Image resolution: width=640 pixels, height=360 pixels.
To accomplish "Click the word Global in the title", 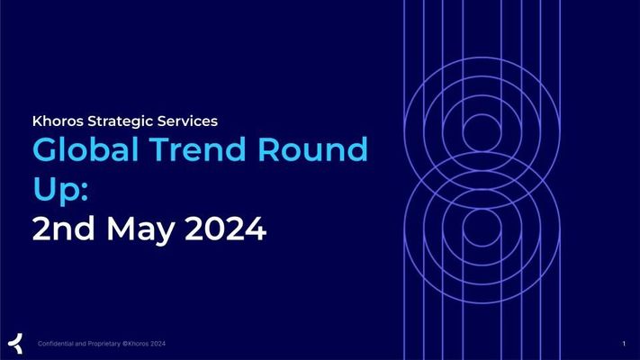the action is coord(86,149).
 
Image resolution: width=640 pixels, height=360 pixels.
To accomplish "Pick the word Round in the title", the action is coord(312,149).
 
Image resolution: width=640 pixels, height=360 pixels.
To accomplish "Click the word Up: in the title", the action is coord(60,189).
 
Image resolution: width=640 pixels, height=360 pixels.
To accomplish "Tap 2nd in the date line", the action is coord(63,228).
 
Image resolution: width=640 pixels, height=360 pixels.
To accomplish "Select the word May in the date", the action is coord(141,230).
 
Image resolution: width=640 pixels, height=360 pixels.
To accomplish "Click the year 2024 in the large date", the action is coord(226,229).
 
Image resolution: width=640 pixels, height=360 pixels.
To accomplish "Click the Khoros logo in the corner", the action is coord(15,343).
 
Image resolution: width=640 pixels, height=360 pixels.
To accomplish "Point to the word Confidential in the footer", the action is coord(56,344).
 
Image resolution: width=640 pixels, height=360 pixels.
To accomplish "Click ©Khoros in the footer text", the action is coord(136,344).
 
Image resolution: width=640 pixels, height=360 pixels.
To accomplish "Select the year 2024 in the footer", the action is coord(158,344).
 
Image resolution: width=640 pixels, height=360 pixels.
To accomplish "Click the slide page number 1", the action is coord(624,344).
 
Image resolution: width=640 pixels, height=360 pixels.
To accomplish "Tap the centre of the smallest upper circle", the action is coord(482,133).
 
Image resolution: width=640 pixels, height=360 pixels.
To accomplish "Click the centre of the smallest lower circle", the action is coord(482,228).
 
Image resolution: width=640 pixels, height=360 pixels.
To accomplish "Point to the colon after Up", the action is coord(85,191).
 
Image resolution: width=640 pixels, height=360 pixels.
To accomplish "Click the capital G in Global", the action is coord(44,149).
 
